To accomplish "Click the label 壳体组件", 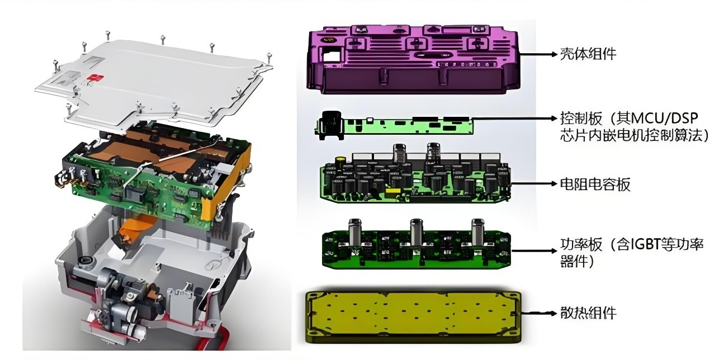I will (588, 54).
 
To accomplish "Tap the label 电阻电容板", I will (595, 184).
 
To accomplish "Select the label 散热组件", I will (588, 313).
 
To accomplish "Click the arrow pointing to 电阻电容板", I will (534, 183).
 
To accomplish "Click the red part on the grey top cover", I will (94, 77).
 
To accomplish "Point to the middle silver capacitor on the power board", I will (416, 231).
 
